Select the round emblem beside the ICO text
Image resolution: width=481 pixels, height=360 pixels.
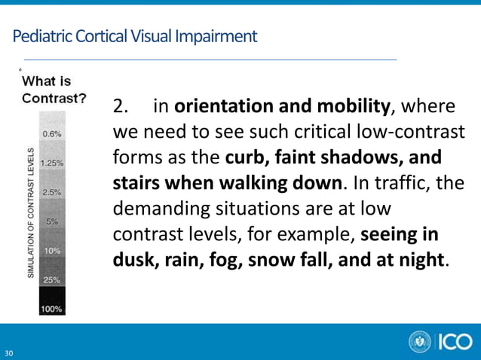[x=420, y=342]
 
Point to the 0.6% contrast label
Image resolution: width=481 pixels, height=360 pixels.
[x=52, y=133]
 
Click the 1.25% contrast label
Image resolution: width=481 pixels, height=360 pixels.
[x=51, y=162]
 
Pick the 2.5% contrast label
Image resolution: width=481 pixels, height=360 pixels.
[x=52, y=192]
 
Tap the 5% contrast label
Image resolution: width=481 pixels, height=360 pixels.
[x=53, y=221]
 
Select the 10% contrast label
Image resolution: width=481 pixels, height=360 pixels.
[x=53, y=250]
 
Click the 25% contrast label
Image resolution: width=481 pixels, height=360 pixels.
[x=53, y=279]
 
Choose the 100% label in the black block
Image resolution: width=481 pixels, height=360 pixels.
[x=52, y=309]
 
